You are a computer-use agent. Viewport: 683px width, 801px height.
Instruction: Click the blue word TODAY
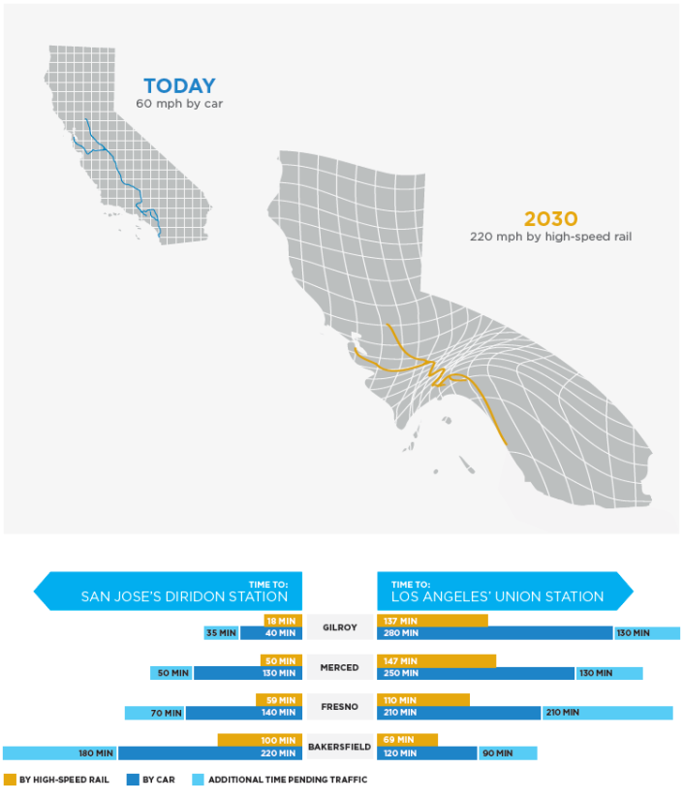click(x=179, y=85)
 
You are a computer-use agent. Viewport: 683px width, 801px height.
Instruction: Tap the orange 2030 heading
click(x=551, y=219)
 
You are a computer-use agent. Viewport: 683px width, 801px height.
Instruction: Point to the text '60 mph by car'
click(x=179, y=103)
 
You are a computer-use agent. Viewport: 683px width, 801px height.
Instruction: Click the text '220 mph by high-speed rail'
click(x=550, y=236)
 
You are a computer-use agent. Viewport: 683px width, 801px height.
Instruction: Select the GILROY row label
click(x=340, y=627)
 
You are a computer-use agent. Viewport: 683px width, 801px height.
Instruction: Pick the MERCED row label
click(x=340, y=667)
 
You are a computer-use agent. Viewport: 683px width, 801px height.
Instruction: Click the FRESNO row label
click(x=340, y=707)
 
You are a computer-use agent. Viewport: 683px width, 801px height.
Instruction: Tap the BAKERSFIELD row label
click(x=340, y=747)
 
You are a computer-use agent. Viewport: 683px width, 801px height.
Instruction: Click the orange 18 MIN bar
click(x=283, y=621)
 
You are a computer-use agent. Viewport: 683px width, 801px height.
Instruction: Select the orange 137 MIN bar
click(x=432, y=621)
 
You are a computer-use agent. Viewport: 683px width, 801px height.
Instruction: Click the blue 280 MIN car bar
click(x=494, y=633)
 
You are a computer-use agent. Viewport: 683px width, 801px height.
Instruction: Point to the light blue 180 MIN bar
click(x=60, y=753)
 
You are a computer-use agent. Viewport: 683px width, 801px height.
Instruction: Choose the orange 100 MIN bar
click(x=260, y=740)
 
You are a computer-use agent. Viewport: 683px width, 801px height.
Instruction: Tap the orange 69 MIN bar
click(x=407, y=740)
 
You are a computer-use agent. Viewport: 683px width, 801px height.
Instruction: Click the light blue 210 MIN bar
click(x=606, y=713)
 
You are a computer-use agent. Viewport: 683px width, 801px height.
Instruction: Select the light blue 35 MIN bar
click(x=221, y=633)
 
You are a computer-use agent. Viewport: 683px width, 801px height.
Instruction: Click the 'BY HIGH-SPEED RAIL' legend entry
click(x=58, y=779)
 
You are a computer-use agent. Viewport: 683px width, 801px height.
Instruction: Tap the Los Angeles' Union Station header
click(x=499, y=591)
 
